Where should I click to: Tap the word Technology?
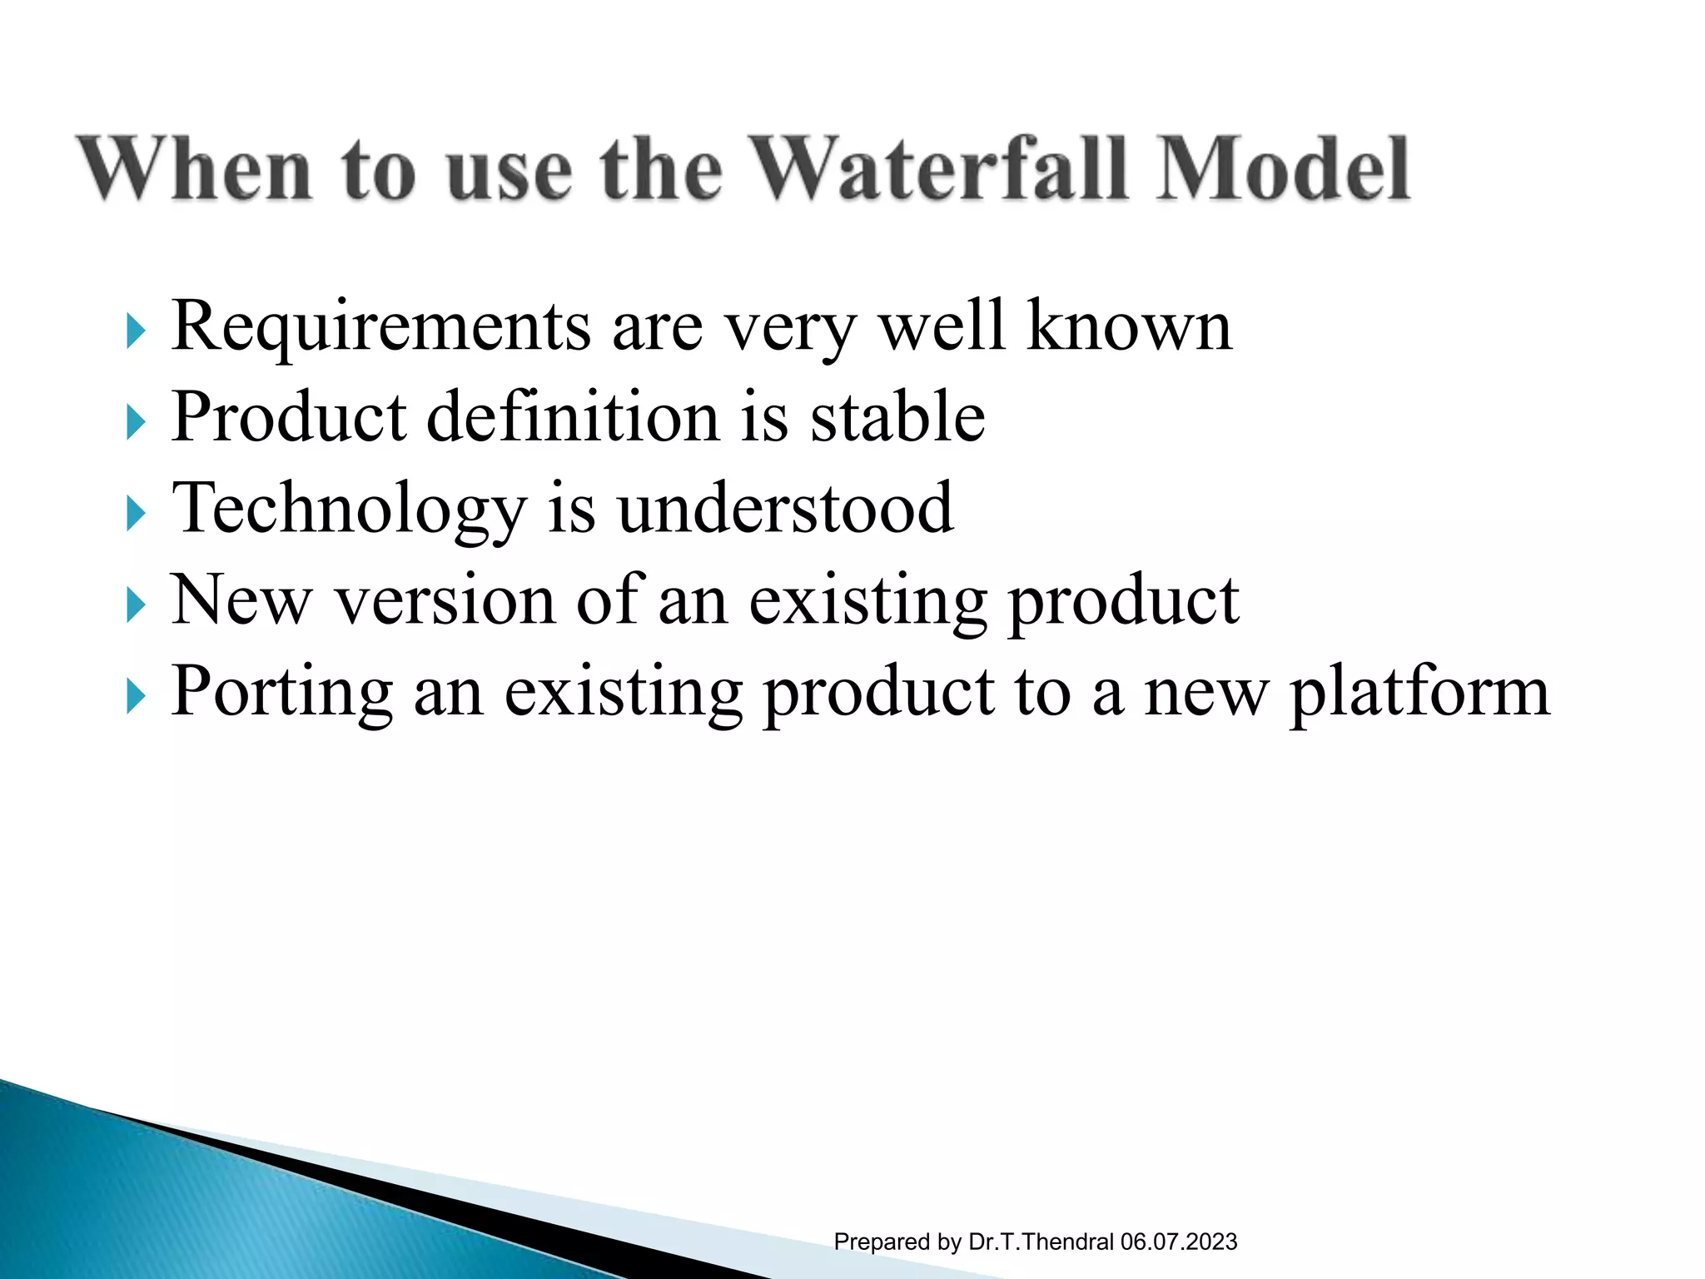pyautogui.click(x=348, y=510)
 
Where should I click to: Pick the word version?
pyautogui.click(x=445, y=600)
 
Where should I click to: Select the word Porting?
pyautogui.click(x=281, y=693)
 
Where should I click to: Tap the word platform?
pyautogui.click(x=1419, y=693)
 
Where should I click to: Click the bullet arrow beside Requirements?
pyautogui.click(x=136, y=332)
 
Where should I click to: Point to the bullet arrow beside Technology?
pyautogui.click(x=136, y=514)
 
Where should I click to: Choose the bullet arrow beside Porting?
pyautogui.click(x=136, y=697)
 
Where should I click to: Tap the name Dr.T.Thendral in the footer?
pyautogui.click(x=1041, y=1242)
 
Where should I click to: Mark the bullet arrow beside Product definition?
pyautogui.click(x=136, y=423)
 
